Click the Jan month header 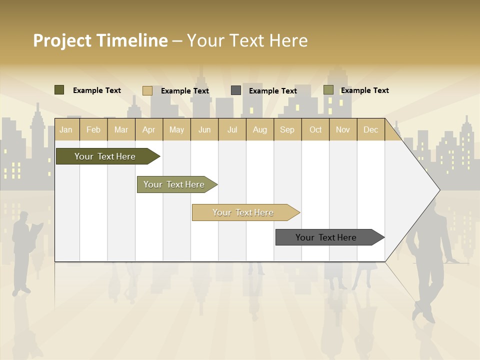click(66, 129)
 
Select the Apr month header click(149, 129)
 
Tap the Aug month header click(260, 129)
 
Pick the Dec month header click(370, 129)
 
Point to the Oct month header click(315, 129)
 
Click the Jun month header click(204, 129)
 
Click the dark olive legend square click(59, 90)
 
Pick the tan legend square click(147, 90)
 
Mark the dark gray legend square click(236, 90)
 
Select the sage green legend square click(328, 90)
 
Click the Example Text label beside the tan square click(185, 91)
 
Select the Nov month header click(343, 129)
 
